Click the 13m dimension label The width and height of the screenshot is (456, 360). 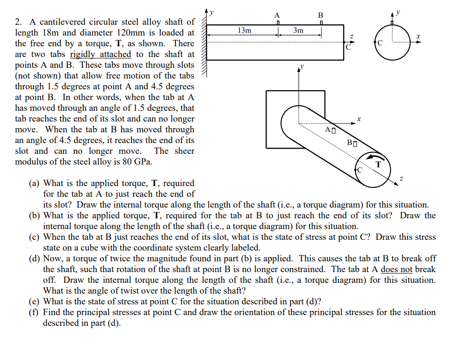point(244,30)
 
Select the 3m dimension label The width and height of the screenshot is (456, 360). point(298,30)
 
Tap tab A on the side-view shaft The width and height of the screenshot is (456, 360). point(278,23)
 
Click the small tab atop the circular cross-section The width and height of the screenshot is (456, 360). point(393,23)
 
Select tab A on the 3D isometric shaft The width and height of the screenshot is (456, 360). point(333,129)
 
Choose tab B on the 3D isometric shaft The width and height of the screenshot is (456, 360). point(355,142)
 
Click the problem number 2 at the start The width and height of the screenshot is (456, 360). point(18,22)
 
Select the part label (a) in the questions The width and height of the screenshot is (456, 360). point(34,183)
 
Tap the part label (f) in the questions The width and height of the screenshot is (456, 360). point(34,312)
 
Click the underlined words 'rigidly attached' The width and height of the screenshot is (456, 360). point(100,54)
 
